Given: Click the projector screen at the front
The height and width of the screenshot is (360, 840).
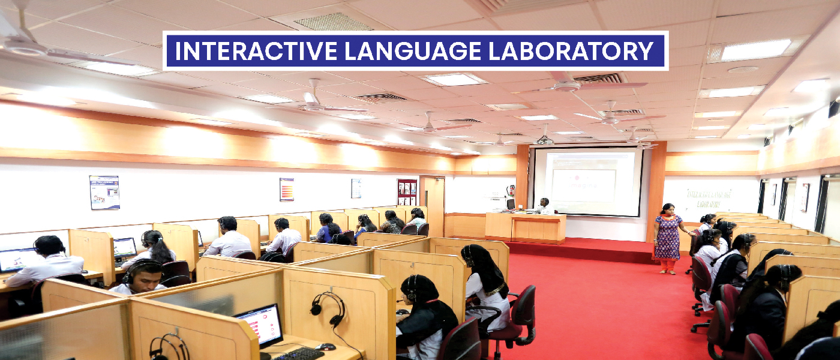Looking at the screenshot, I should pyautogui.click(x=587, y=181).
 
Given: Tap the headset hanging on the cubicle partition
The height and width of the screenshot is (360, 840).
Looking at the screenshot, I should pyautogui.click(x=328, y=309).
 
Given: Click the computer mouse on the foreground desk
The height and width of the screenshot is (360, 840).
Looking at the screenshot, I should pyautogui.click(x=326, y=346).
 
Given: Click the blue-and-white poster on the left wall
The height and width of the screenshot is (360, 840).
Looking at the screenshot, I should pyautogui.click(x=104, y=192).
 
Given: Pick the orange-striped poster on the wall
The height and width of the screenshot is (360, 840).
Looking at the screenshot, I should pyautogui.click(x=286, y=189).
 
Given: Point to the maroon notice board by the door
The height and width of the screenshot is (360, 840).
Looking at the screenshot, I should pyautogui.click(x=407, y=192).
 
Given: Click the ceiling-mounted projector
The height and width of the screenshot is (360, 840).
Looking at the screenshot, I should pyautogui.click(x=545, y=140).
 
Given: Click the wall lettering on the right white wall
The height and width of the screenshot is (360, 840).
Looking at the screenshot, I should pyautogui.click(x=709, y=199).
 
